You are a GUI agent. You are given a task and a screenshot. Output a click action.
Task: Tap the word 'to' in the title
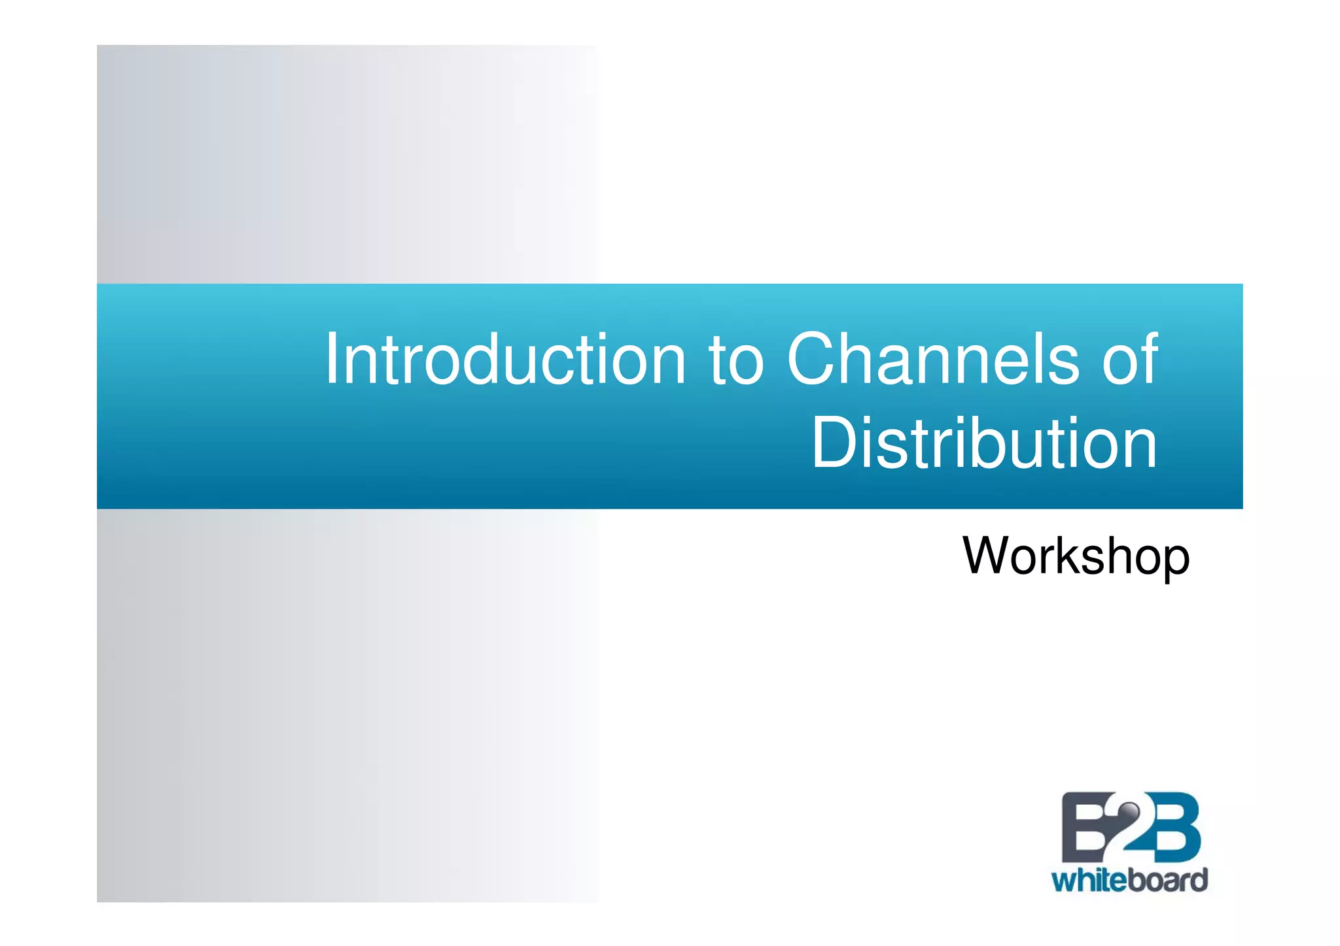coord(735,360)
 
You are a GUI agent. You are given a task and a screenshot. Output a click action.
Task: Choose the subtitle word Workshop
coord(1076,556)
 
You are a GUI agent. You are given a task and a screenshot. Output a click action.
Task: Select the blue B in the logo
coord(1171,827)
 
